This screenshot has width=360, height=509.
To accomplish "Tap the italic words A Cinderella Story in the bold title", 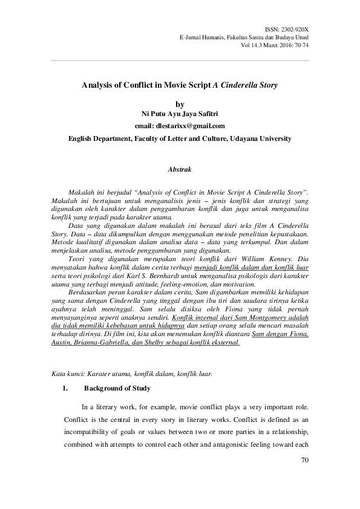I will click(246, 85).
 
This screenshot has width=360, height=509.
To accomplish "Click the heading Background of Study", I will click(117, 388).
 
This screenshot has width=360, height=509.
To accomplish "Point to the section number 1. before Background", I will click(65, 388).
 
